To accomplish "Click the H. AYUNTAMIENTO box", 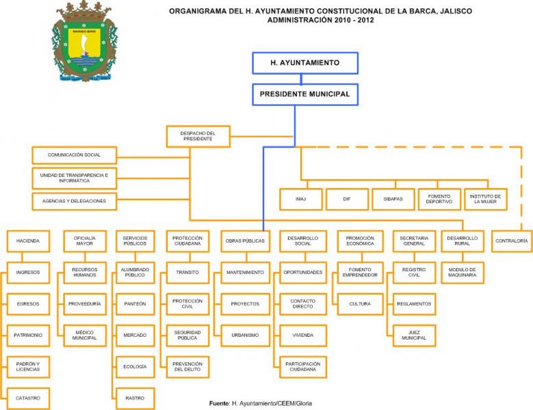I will point(304,63).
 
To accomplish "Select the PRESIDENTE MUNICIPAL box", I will point(304,94).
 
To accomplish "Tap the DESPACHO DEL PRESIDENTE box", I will point(198,136).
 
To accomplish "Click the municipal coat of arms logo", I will point(84,42).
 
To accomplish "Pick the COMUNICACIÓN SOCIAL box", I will point(75,155).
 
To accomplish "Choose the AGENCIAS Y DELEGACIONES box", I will point(75,201).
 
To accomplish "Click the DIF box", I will point(346,199).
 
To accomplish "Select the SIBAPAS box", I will point(393,199).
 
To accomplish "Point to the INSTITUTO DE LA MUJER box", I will point(485,199).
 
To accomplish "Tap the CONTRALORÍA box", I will point(511,241).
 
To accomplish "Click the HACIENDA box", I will point(28,241).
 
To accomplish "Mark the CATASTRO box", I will point(28,398).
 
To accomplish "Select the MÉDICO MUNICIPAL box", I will point(85,335).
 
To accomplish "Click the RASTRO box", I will point(135,398).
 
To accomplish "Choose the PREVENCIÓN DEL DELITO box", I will point(187,366).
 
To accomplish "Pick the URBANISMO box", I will point(245,335).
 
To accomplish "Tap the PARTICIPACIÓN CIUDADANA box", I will point(303,366).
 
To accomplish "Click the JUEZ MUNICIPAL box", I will point(414,335).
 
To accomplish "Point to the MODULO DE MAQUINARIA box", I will point(463,272).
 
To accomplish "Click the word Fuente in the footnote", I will point(218,405).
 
